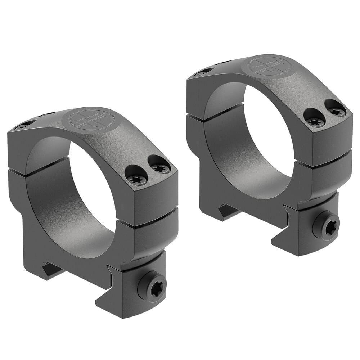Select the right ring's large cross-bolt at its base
pyautogui.click(x=326, y=226)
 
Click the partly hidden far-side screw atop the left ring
pyautogui.click(x=23, y=126)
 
